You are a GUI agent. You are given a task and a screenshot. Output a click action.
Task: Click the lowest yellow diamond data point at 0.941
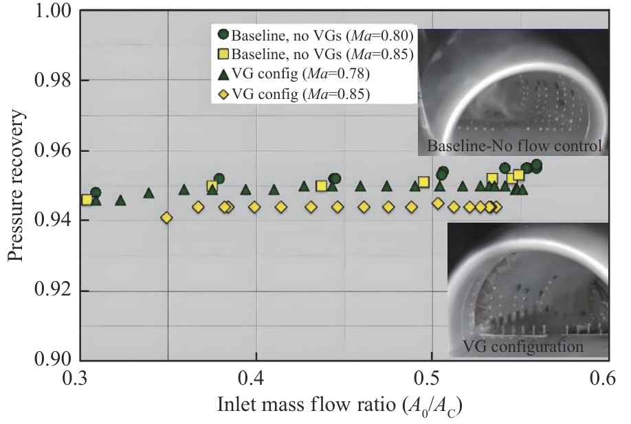point(166,218)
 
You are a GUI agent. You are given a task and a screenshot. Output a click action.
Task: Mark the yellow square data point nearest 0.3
point(87,199)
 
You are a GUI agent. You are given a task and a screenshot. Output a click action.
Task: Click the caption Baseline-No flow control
point(514,146)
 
